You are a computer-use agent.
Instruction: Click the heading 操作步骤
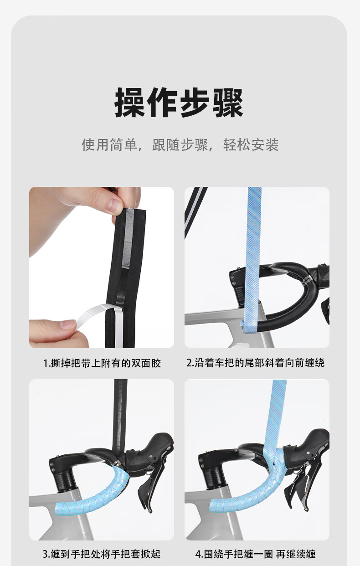pyautogui.click(x=179, y=103)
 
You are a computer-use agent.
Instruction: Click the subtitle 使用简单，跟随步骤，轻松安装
pyautogui.click(x=180, y=145)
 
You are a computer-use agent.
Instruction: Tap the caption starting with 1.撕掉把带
pyautogui.click(x=102, y=363)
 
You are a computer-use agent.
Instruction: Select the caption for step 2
pyautogui.click(x=255, y=363)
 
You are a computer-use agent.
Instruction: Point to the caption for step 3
pyautogui.click(x=102, y=555)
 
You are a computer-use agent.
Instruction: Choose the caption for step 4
pyautogui.click(x=255, y=555)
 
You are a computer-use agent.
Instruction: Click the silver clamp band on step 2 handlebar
pyautogui.click(x=306, y=280)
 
